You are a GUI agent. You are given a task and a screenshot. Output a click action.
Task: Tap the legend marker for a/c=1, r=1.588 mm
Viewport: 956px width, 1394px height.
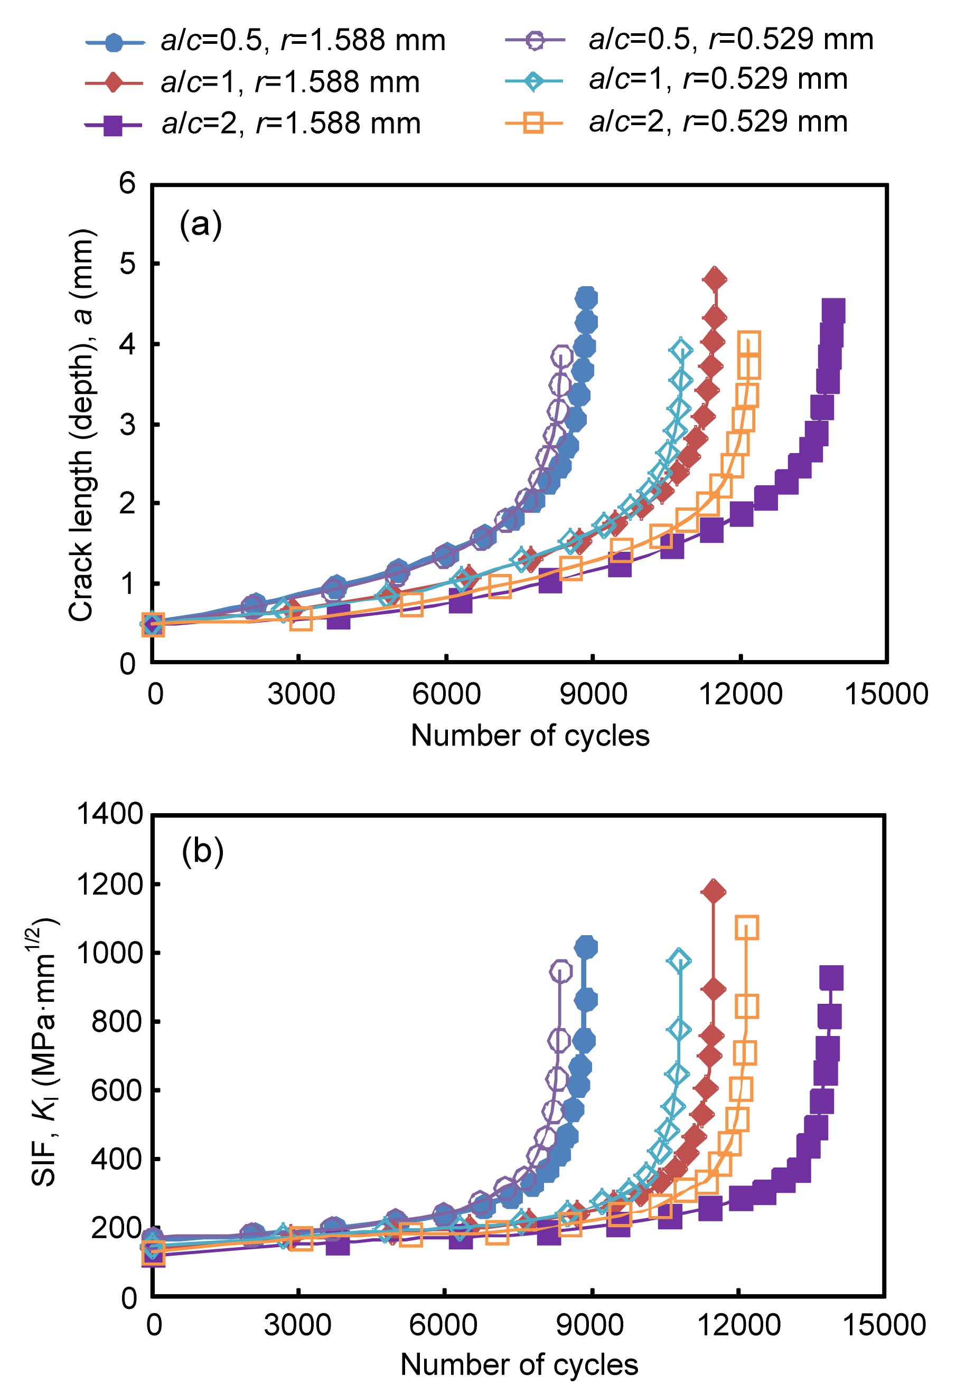click(x=114, y=82)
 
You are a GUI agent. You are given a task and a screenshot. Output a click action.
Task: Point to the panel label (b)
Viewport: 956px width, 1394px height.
click(x=202, y=851)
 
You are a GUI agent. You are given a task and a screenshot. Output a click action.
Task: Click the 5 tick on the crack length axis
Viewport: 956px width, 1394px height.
click(x=128, y=263)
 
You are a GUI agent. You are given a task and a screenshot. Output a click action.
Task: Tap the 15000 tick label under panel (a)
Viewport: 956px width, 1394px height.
click(x=886, y=694)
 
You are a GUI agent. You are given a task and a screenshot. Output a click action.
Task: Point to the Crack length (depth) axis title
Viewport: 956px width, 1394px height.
click(x=82, y=425)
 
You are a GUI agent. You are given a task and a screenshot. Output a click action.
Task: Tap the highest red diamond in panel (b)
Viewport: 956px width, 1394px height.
click(x=713, y=892)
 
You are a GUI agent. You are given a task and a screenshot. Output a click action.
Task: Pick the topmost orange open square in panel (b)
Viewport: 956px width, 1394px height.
click(x=746, y=927)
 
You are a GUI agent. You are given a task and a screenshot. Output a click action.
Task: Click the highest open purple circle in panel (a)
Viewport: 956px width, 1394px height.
click(x=561, y=356)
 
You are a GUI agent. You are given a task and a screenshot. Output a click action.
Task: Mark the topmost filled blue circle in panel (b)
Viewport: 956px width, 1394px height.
click(x=586, y=948)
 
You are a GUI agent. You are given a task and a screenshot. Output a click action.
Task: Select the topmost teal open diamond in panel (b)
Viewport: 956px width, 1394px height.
click(x=679, y=960)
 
